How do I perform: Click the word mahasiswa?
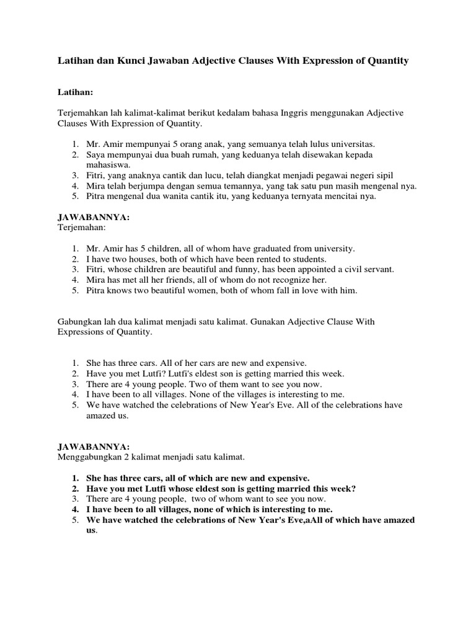tap(108, 164)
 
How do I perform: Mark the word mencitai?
tap(349, 196)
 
